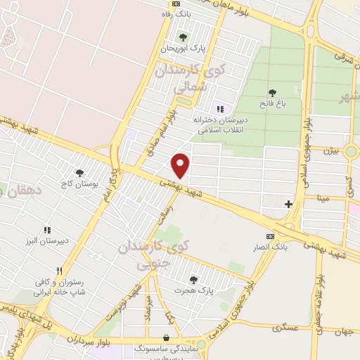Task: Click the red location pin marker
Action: point(181,165)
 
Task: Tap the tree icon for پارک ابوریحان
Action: point(183,37)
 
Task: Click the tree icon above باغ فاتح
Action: point(271,91)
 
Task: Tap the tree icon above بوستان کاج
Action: point(79,172)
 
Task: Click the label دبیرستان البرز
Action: point(46,240)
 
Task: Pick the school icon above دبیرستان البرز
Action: point(47,230)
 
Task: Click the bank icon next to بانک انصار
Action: point(270,236)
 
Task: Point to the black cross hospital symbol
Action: point(288,205)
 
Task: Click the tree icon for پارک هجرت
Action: point(193,279)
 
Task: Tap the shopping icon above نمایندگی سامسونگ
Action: point(165,337)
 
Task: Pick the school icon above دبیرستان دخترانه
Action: point(220,109)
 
